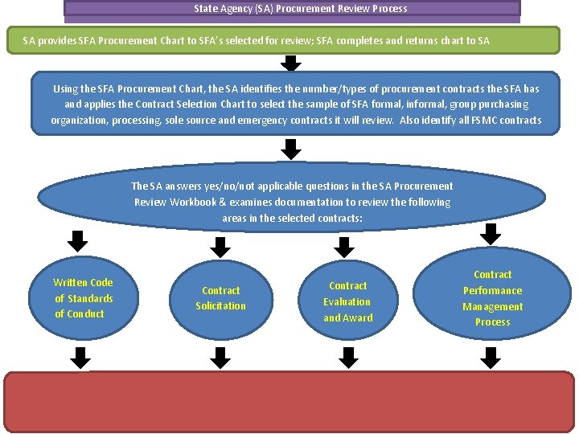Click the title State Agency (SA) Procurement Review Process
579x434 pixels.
click(300, 9)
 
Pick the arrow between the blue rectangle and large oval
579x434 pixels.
click(292, 149)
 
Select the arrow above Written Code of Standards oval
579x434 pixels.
click(76, 241)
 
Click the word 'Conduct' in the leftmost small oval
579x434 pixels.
click(80, 314)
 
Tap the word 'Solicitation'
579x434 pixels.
click(221, 306)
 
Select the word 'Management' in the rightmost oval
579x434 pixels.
click(492, 307)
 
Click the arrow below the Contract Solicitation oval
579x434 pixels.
click(221, 354)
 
